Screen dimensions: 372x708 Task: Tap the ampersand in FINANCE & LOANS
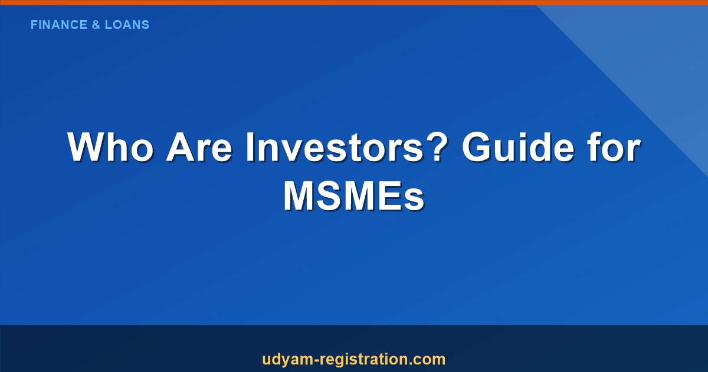tap(97, 25)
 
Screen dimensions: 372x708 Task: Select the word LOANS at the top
tap(127, 25)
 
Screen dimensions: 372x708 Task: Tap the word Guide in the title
tap(518, 148)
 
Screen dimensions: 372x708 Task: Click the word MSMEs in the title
tap(353, 196)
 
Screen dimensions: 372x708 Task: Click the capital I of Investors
tap(250, 148)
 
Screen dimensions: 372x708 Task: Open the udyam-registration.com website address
tap(353, 359)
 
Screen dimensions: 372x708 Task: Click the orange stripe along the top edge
tap(354, 2)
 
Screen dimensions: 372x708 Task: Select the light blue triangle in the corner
tap(661, 53)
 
